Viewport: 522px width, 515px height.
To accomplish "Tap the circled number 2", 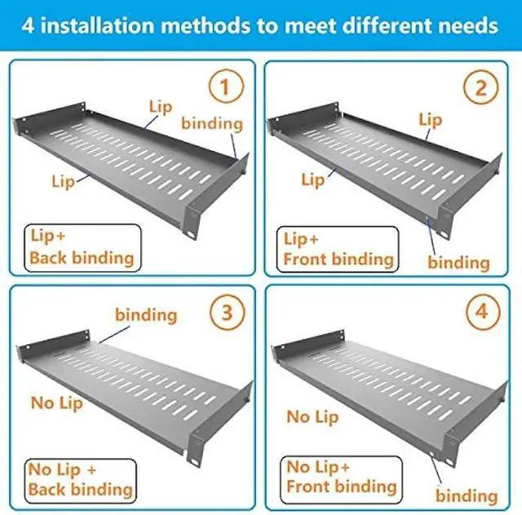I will point(480,87).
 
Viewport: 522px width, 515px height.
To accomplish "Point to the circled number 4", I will point(480,313).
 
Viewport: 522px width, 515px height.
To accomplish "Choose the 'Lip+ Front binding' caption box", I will point(338,249).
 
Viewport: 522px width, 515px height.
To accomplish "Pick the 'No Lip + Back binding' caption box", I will point(80,479).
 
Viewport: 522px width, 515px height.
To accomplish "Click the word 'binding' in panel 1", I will point(212,123).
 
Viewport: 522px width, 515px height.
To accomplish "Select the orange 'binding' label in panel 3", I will point(146,314).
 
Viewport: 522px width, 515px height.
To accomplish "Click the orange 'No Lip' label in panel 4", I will point(312,416).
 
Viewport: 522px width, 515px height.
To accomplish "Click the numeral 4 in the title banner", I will point(30,25).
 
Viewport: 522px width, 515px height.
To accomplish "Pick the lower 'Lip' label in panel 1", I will point(63,181).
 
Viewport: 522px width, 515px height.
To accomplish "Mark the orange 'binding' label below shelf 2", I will point(458,262).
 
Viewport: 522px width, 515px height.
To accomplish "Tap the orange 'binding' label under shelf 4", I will point(467,495).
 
